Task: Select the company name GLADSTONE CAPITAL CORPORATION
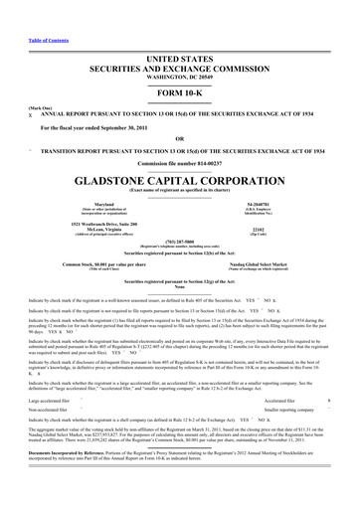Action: point(179,156)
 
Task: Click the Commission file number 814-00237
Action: point(179,136)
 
